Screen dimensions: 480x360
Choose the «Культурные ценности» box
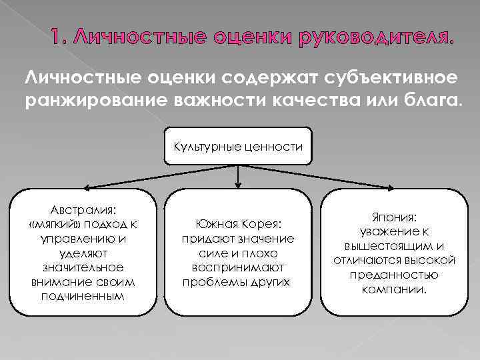click(238, 145)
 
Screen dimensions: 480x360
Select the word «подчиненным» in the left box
click(83, 295)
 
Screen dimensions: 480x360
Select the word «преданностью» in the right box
click(393, 274)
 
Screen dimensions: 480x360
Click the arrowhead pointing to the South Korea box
click(239, 184)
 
